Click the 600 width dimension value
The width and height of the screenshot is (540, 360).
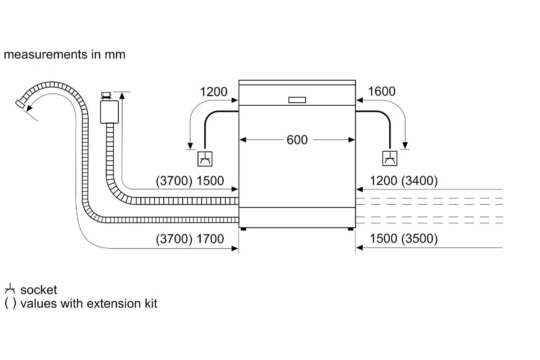point(297,140)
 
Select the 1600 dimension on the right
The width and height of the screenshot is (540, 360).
point(382,91)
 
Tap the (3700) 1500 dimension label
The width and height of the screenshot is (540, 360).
point(190,181)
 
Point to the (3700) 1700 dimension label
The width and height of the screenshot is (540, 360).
point(190,239)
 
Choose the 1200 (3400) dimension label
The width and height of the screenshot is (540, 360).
point(404,181)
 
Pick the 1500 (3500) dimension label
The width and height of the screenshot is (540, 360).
point(404,238)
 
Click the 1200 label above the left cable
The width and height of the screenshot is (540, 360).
point(214,92)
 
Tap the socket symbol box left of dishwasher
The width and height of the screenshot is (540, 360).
point(205,159)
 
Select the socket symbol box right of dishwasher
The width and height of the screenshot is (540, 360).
point(390,158)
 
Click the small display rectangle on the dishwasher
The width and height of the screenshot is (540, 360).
point(297,100)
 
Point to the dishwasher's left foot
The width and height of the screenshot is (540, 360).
point(243,229)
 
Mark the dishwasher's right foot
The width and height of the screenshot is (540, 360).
point(351,229)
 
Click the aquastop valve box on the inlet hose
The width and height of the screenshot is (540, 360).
point(109,112)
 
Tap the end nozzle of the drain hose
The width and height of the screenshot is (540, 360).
point(20,104)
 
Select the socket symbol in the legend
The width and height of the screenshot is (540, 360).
point(10,289)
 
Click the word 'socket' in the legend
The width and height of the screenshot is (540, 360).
point(39,290)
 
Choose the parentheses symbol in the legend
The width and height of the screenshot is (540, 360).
point(10,304)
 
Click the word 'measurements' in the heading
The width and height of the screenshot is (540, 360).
point(45,54)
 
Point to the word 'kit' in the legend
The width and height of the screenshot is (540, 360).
point(151,304)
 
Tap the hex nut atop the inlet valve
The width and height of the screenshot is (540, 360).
point(106,94)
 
